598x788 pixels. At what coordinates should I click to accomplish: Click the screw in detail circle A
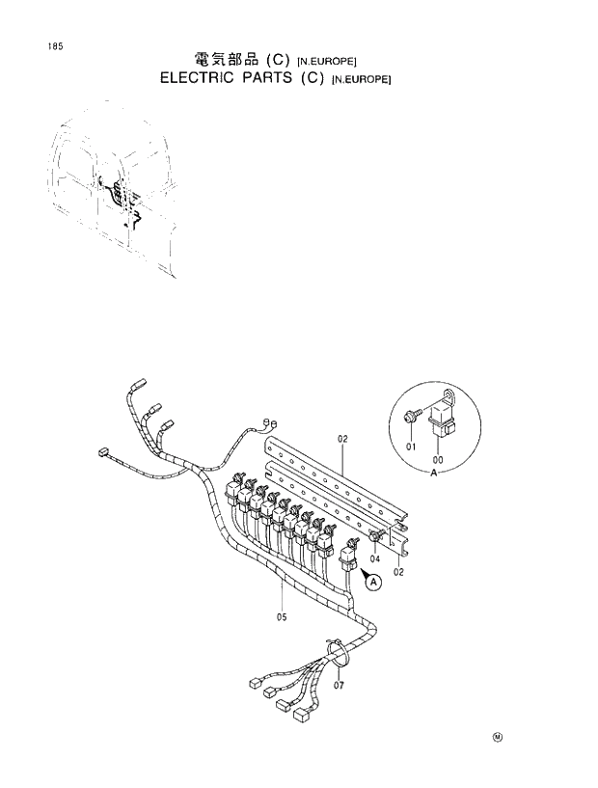pyautogui.click(x=413, y=417)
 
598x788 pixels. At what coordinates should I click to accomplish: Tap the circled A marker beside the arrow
pyautogui.click(x=372, y=581)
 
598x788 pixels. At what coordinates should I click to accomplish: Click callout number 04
pyautogui.click(x=373, y=558)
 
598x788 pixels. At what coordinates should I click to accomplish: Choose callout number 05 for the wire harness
pyautogui.click(x=282, y=617)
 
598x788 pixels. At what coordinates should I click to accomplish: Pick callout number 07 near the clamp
pyautogui.click(x=339, y=686)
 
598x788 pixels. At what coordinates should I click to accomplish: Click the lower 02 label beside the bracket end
pyautogui.click(x=397, y=571)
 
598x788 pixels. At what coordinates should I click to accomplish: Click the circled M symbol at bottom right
pyautogui.click(x=498, y=739)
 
